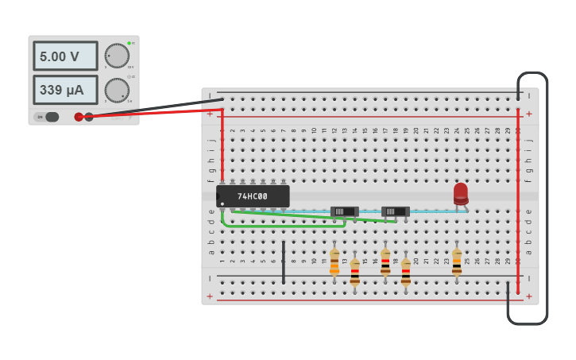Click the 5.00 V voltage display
(x=65, y=56)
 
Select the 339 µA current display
(x=65, y=90)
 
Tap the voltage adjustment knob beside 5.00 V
(x=117, y=56)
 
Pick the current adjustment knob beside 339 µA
(x=117, y=90)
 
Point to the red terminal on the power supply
(x=79, y=117)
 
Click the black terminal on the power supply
(x=89, y=117)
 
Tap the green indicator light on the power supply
(x=129, y=43)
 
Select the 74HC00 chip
(x=253, y=196)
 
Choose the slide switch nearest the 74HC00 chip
(x=344, y=211)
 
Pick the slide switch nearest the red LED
(x=395, y=211)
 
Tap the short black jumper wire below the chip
(x=284, y=262)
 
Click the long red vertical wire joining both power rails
(x=518, y=199)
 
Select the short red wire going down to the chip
(x=222, y=147)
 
